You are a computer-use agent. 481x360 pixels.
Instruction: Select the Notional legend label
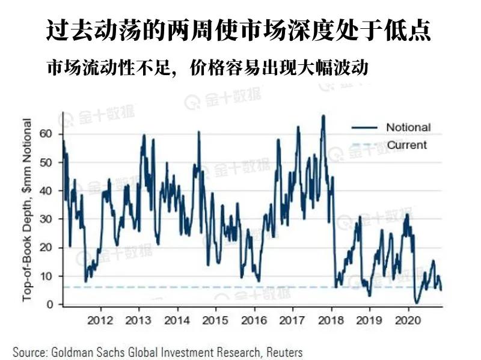(x=408, y=127)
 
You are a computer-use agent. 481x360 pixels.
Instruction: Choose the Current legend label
(x=406, y=145)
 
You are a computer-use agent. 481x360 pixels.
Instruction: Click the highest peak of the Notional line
(x=323, y=115)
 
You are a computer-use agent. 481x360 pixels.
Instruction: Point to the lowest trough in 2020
(x=416, y=303)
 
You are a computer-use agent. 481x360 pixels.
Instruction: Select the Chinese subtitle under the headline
(x=207, y=68)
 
